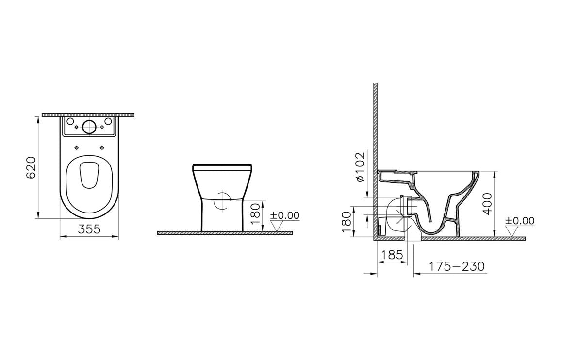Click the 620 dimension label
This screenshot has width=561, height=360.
(x=31, y=167)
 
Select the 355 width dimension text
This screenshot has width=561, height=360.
(x=89, y=229)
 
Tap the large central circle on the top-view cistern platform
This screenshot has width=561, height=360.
(x=89, y=127)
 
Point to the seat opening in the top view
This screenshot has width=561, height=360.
(x=89, y=174)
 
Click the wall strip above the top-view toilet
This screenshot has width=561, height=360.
(x=88, y=115)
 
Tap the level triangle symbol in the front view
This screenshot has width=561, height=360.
(x=277, y=226)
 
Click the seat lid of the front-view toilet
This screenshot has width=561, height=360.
(x=223, y=165)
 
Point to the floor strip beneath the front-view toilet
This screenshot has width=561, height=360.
(x=225, y=233)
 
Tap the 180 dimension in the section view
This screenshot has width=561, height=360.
(x=346, y=222)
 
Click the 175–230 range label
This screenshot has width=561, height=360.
(x=456, y=266)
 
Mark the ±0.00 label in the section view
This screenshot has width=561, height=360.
(x=520, y=221)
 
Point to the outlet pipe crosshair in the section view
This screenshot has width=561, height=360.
(x=401, y=213)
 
